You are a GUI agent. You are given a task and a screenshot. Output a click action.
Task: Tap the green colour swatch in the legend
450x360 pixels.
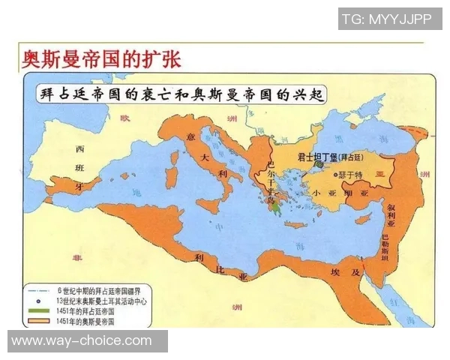coord(39,310)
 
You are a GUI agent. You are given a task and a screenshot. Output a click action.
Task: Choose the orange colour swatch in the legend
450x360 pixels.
coord(39,321)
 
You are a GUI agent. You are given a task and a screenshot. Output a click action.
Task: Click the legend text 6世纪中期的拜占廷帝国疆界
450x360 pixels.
coord(97,289)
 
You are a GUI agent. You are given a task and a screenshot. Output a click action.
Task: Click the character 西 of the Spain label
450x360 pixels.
coord(79,148)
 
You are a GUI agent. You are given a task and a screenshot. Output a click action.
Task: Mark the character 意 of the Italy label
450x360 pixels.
coord(190,136)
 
